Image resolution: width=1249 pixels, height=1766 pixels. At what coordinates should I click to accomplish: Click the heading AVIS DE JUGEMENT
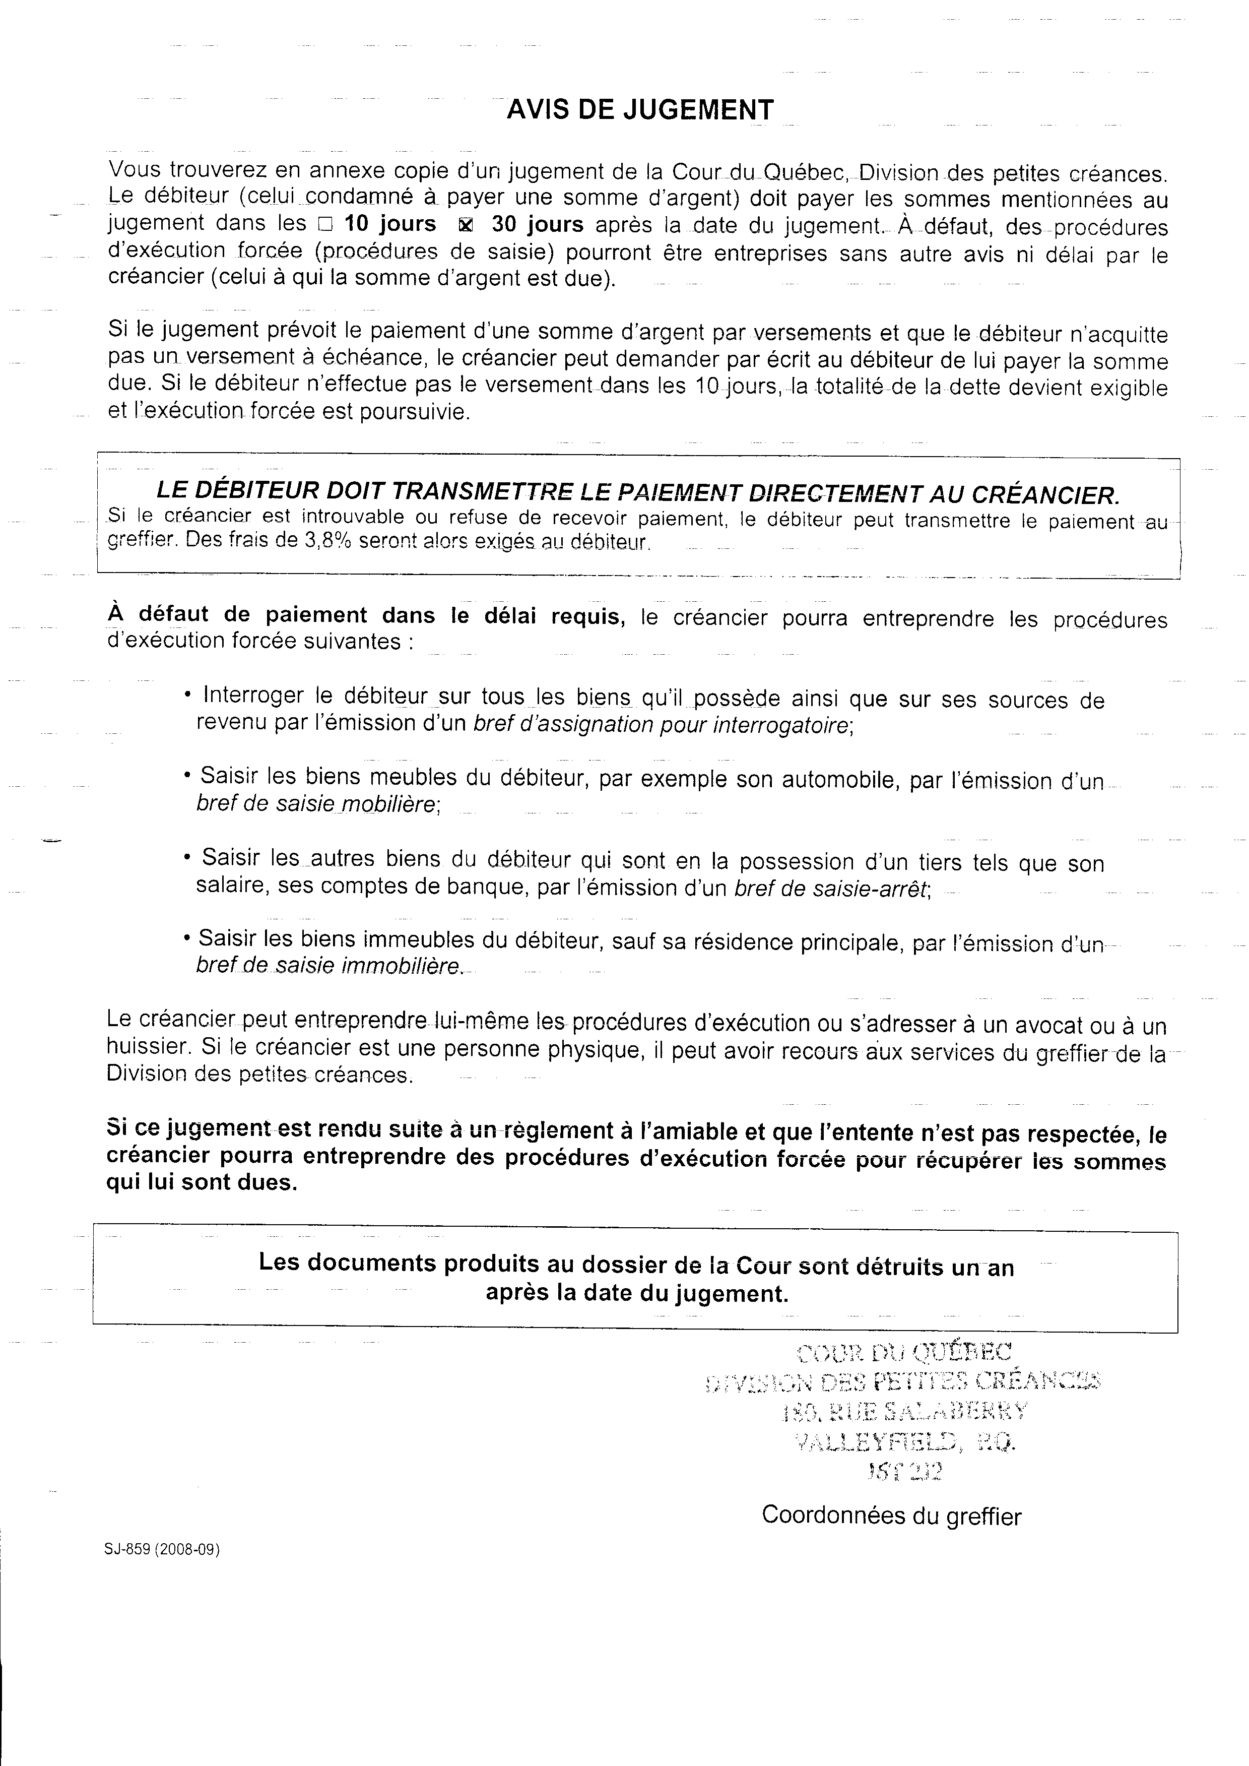tap(640, 110)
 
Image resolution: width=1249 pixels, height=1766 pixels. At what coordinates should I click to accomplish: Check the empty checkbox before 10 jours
tap(324, 225)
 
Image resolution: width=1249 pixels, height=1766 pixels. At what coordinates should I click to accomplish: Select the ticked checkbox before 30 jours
tap(466, 225)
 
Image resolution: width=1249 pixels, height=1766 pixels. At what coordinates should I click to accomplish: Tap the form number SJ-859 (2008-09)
tap(162, 1551)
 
